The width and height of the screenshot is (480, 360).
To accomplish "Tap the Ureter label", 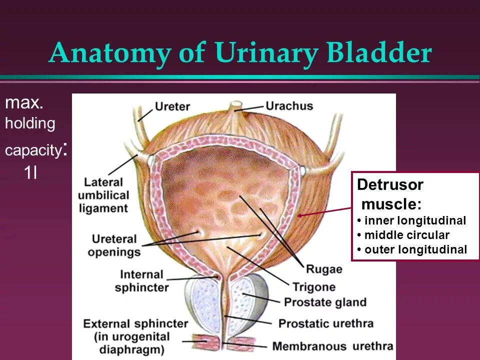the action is click(x=171, y=106).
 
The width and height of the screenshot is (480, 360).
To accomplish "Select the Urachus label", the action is click(x=289, y=106).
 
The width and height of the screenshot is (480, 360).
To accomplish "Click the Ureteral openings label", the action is click(x=114, y=245).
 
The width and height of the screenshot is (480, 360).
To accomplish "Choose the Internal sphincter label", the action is click(x=141, y=281).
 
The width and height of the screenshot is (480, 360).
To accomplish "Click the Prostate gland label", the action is click(x=325, y=302).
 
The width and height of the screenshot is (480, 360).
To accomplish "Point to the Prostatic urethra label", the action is click(x=325, y=323).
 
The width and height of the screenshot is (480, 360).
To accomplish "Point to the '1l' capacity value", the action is click(x=30, y=173).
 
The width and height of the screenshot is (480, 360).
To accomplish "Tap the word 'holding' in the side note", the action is click(x=30, y=123).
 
